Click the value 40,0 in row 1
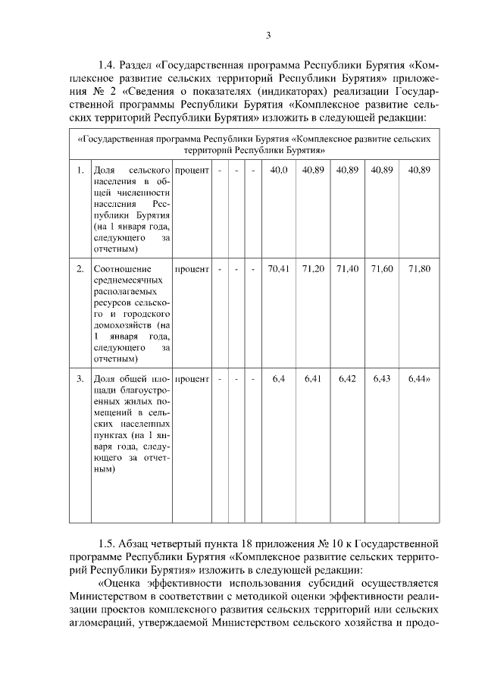(x=279, y=171)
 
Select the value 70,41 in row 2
(x=279, y=269)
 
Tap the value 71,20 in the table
(x=313, y=269)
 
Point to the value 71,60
(x=382, y=269)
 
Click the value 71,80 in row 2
(x=419, y=269)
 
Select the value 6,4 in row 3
(x=279, y=378)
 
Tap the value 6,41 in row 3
(x=313, y=378)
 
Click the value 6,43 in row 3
(x=382, y=378)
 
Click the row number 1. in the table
(x=80, y=171)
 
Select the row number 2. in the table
(x=80, y=269)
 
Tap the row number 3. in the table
(x=80, y=378)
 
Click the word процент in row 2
(x=192, y=269)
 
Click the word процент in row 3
(x=192, y=378)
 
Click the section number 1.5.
(x=108, y=543)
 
